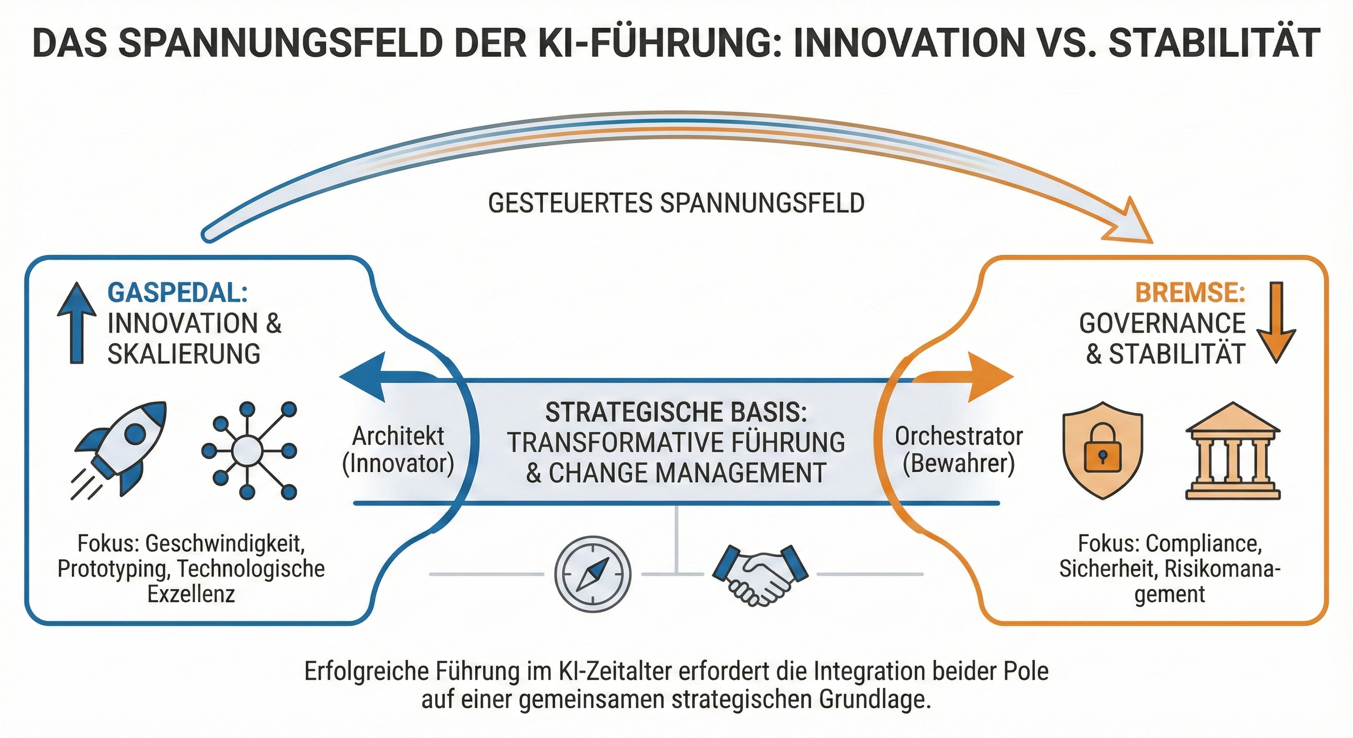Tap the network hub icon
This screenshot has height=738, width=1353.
click(x=248, y=450)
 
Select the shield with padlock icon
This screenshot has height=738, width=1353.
click(x=1102, y=449)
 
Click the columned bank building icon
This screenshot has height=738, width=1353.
click(x=1232, y=450)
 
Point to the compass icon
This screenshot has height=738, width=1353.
click(x=593, y=574)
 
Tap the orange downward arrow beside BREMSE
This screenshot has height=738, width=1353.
click(x=1276, y=322)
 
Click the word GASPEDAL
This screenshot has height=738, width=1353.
click(x=178, y=293)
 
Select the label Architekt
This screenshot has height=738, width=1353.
click(x=398, y=436)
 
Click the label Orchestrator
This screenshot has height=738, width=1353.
click(x=959, y=436)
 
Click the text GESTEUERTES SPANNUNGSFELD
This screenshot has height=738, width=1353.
click(x=676, y=203)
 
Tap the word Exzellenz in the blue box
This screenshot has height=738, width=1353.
click(x=191, y=594)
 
